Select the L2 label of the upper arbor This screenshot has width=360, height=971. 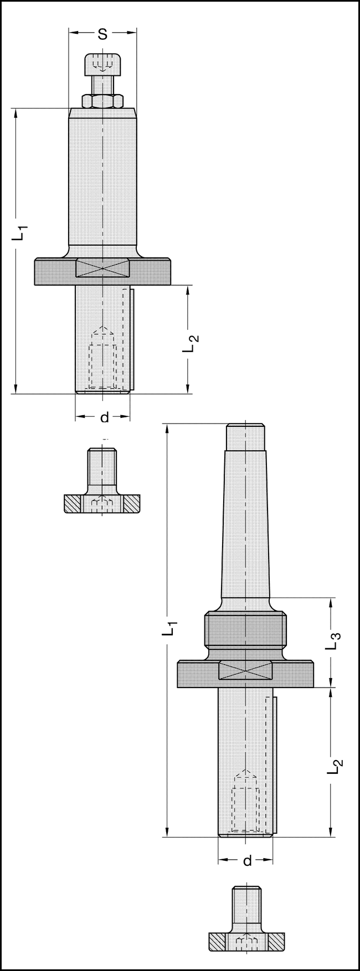click(190, 343)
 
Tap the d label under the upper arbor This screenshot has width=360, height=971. click(104, 417)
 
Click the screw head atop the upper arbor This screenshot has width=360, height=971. click(102, 65)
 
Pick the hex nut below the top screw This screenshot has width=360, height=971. click(102, 101)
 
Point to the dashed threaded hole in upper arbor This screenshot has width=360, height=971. click(102, 360)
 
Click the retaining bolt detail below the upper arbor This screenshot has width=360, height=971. click(102, 487)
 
